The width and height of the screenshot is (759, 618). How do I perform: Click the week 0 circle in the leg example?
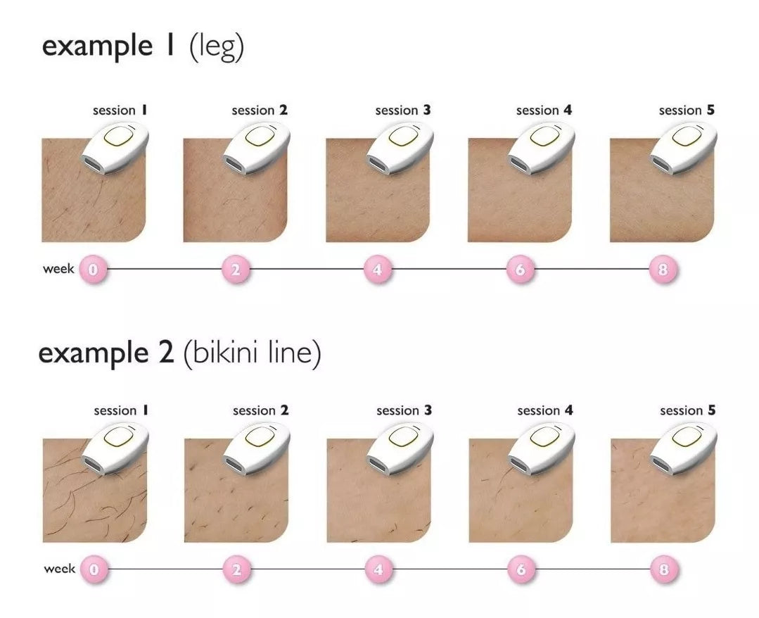(93, 269)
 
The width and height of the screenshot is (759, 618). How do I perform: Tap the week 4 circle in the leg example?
(378, 269)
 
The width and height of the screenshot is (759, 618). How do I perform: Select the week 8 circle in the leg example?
(663, 269)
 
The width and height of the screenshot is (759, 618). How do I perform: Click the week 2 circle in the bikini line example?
(236, 569)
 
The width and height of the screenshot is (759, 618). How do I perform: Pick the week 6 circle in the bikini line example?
(521, 569)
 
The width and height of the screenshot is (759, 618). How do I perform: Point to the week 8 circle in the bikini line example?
(664, 569)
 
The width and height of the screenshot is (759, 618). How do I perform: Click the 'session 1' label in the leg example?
(120, 111)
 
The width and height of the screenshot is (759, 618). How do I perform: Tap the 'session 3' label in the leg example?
(403, 111)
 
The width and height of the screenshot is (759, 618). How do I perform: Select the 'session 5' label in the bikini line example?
(687, 410)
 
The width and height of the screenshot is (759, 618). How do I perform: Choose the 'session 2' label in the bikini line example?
(260, 410)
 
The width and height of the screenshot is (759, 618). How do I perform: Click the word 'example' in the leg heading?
(97, 47)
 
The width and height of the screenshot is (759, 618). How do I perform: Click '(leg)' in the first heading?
(217, 47)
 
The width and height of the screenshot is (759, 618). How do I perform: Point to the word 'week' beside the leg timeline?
(58, 269)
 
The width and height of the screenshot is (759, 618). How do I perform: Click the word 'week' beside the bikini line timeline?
(60, 569)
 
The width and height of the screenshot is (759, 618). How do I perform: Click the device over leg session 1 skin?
(115, 147)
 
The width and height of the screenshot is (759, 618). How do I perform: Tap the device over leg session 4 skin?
(541, 147)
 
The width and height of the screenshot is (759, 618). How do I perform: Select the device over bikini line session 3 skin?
(400, 448)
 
